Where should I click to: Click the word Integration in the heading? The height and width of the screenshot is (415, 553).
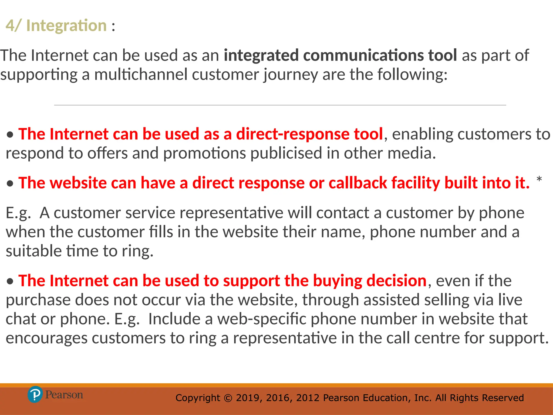tap(66, 26)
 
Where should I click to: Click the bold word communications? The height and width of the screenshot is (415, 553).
tap(364, 55)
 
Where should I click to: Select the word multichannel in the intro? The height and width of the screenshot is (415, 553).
tap(141, 75)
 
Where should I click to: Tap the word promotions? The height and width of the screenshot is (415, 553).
tap(204, 153)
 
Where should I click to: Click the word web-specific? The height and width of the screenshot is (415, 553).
tap(262, 319)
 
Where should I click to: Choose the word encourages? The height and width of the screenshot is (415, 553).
tap(46, 338)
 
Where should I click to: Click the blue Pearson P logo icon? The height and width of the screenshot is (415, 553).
tap(35, 394)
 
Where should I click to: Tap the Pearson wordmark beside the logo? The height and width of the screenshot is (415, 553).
tap(64, 395)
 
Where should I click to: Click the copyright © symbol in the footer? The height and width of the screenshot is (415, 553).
tap(228, 398)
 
